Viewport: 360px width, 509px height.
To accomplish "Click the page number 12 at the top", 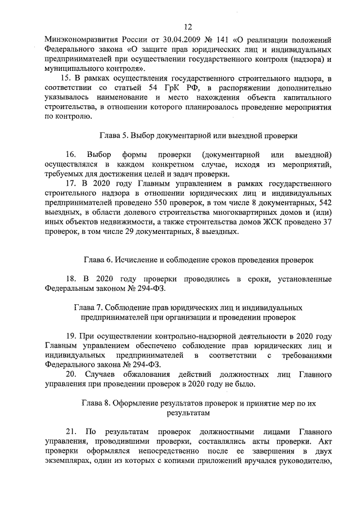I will [x=188, y=26].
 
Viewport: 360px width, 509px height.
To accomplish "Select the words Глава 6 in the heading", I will [x=100, y=260].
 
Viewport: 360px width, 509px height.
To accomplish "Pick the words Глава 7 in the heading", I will [x=89, y=308].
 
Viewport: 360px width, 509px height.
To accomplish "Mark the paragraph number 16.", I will [x=70, y=154].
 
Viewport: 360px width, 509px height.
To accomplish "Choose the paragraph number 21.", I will [x=70, y=431].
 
